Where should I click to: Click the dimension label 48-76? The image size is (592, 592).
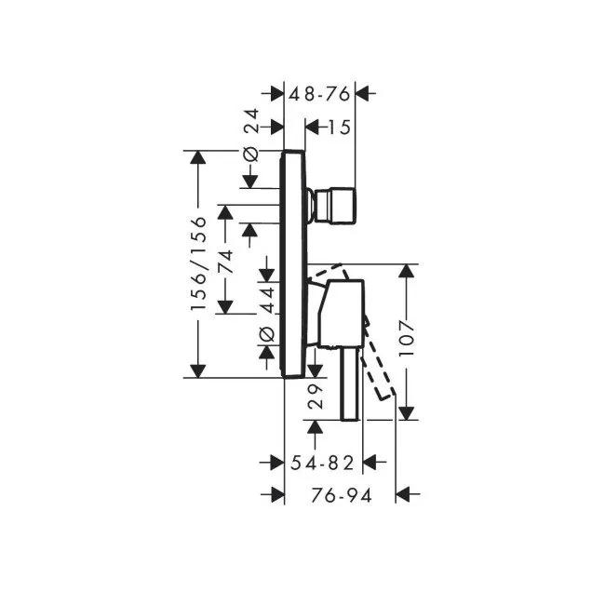coord(319,94)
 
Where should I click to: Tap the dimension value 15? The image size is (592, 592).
coord(339,128)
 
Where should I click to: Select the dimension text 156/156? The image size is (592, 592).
coord(198,263)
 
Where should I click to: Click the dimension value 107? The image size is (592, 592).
coord(407,338)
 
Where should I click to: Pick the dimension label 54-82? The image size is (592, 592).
coord(322,463)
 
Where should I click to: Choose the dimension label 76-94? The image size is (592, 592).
coord(342,495)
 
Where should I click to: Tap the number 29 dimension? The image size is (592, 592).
coord(316,397)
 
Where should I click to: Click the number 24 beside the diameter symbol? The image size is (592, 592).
coord(250,121)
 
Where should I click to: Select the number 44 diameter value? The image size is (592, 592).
coord(268,300)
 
